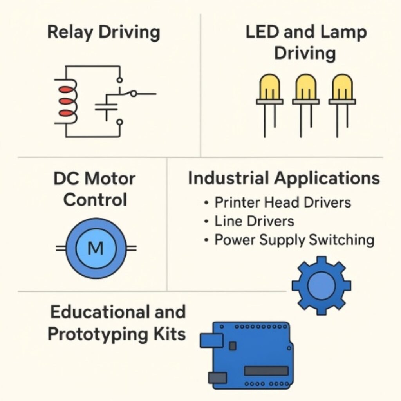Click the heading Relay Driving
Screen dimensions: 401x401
click(103, 33)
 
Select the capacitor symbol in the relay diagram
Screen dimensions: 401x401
click(106, 108)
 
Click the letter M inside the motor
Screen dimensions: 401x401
click(96, 248)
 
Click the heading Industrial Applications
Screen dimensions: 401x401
click(284, 178)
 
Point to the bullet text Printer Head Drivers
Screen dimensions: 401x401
click(282, 202)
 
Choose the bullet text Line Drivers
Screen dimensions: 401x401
click(254, 221)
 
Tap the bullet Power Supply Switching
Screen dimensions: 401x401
click(294, 240)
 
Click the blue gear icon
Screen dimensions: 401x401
click(322, 286)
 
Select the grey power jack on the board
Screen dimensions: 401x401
click(217, 378)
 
